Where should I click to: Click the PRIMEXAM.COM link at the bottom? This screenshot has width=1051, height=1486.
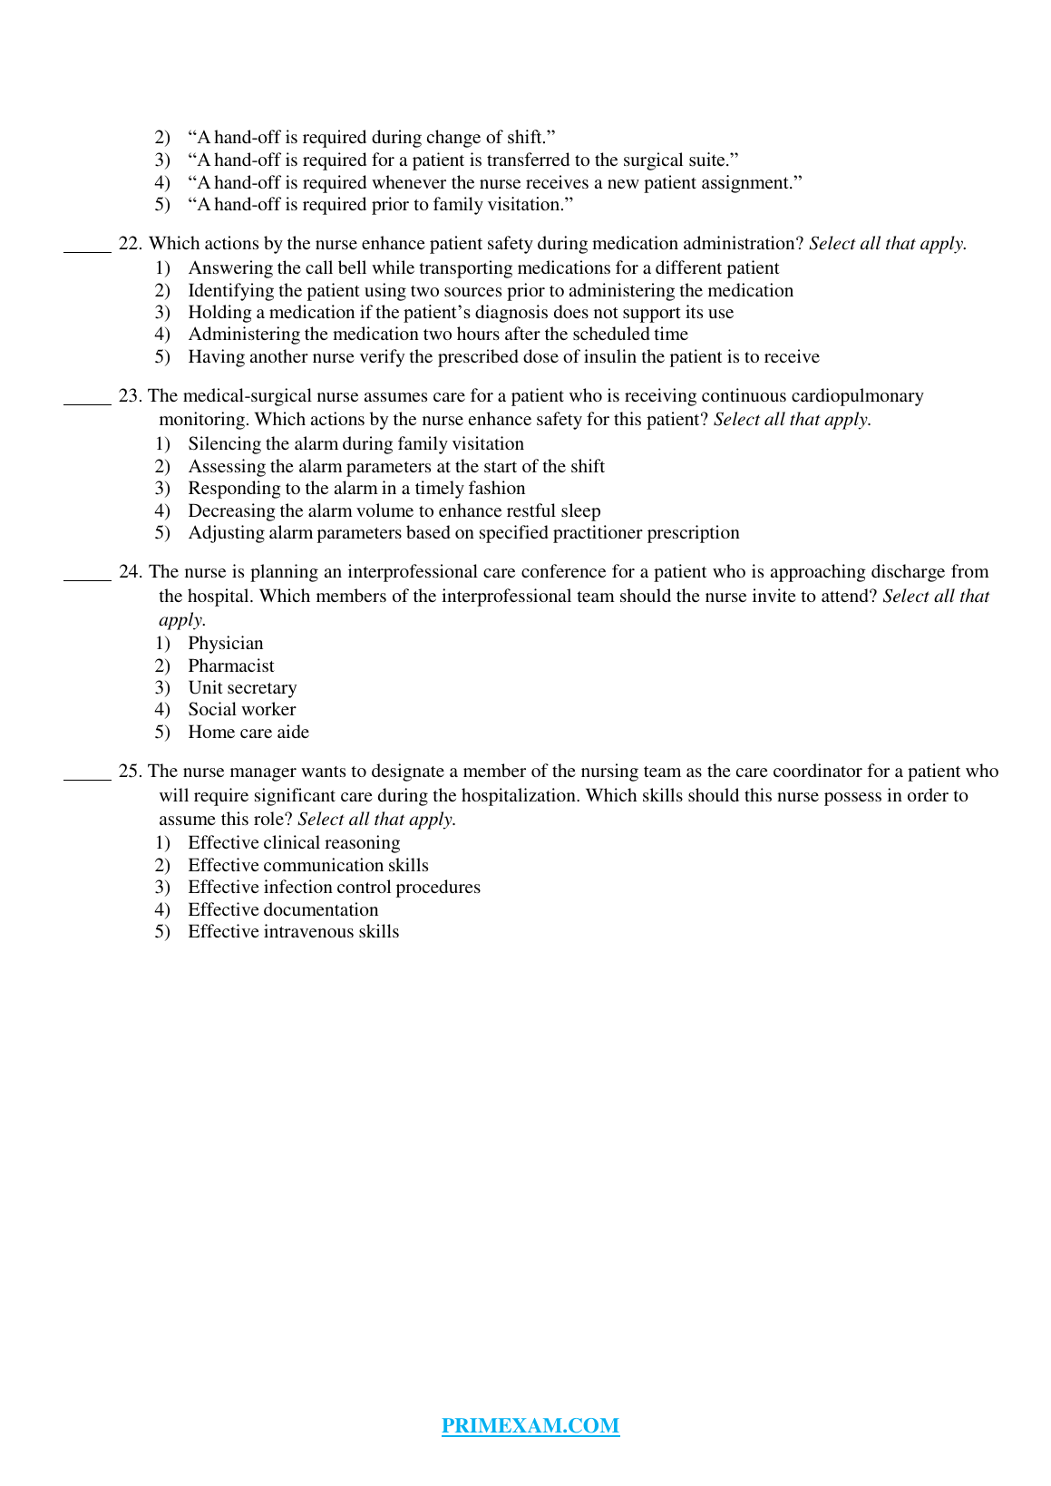[x=530, y=1426]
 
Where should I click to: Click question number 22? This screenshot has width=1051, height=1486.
[x=130, y=244]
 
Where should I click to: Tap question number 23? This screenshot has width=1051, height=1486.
[x=130, y=396]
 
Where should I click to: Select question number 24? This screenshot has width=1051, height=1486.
[x=130, y=572]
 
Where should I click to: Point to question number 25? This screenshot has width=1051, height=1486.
[x=130, y=772]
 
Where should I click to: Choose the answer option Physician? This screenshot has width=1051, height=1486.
[x=226, y=644]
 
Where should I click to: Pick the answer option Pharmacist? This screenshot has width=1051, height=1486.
[x=231, y=666]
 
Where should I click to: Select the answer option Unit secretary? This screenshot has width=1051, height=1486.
[x=242, y=688]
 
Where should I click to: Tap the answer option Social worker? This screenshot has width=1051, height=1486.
[x=242, y=710]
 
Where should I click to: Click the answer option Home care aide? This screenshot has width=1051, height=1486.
[x=248, y=733]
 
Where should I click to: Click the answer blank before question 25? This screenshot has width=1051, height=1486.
[x=87, y=776]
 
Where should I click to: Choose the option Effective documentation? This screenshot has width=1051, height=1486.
[x=283, y=910]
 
